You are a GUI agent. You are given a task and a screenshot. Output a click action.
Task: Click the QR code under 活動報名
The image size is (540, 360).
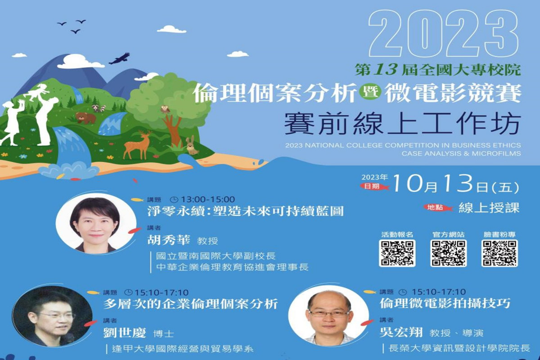click(397, 253)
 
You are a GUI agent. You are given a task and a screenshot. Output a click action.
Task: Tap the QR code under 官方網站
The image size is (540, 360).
click(448, 253)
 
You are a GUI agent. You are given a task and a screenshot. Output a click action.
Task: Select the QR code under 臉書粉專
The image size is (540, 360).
click(499, 253)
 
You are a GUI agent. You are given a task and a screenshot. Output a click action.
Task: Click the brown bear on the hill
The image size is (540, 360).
click(85, 117)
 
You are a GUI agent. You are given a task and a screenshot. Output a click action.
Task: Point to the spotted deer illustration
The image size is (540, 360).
click(137, 145)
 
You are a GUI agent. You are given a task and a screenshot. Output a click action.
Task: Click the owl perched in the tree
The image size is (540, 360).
click(166, 109)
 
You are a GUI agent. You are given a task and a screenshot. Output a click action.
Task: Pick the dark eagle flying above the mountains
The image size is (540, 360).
click(120, 58)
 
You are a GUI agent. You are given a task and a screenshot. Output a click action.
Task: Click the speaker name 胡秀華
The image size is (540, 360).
click(168, 240)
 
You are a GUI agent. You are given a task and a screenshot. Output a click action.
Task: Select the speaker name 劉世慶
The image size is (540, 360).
click(125, 333)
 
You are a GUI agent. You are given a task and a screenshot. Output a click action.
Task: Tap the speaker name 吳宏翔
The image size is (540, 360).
click(401, 332)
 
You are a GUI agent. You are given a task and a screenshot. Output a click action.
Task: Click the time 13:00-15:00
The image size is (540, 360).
click(208, 199)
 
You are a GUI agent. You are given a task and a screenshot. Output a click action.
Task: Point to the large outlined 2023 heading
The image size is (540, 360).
click(444, 33)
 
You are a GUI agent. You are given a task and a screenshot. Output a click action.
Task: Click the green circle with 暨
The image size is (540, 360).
click(370, 93)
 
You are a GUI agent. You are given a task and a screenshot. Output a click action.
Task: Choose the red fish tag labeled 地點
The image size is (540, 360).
click(438, 207)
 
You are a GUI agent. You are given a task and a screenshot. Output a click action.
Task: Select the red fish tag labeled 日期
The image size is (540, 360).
click(374, 186)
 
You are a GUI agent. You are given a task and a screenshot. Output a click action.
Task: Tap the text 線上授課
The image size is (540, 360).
click(489, 207)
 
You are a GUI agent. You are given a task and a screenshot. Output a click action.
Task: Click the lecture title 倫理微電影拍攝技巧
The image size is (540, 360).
click(445, 303)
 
